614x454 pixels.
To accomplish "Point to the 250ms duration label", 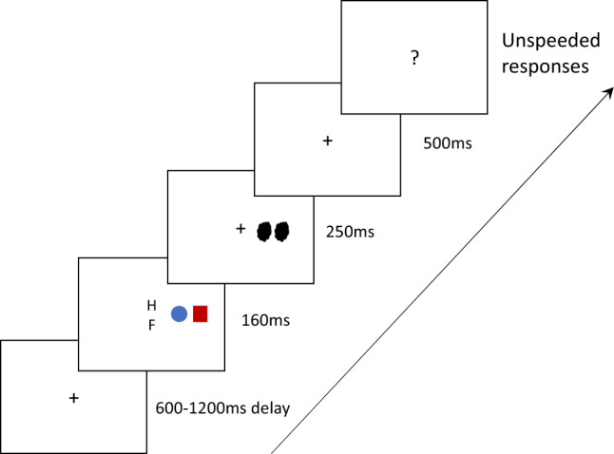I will [x=348, y=231].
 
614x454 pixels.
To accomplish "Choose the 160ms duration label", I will [x=266, y=321].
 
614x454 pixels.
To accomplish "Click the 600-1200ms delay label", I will [x=221, y=409].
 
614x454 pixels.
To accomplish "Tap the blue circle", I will [x=178, y=314].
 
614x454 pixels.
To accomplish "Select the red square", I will [x=200, y=313].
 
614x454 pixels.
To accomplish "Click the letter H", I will [x=150, y=305].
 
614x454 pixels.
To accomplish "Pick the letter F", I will [x=150, y=325].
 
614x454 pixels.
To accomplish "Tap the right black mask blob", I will [x=281, y=230].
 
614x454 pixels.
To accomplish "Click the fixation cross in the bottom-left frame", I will [x=72, y=398].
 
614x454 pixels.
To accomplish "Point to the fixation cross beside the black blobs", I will [x=240, y=228].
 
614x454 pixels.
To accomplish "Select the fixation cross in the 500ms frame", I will [x=328, y=141].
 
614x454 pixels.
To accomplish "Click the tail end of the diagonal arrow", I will [x=274, y=452].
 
